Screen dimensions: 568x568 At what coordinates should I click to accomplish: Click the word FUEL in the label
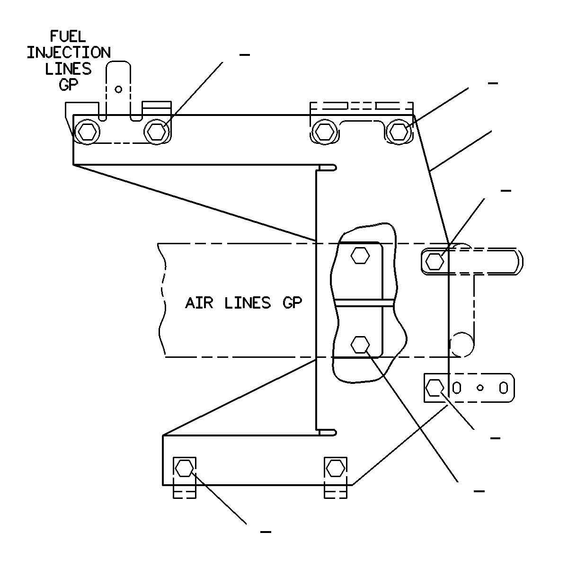[68, 36]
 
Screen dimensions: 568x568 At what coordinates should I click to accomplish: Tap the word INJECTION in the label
[69, 53]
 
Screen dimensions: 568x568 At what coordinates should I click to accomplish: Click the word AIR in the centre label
[199, 303]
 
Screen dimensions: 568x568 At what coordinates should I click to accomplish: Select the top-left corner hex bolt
[87, 132]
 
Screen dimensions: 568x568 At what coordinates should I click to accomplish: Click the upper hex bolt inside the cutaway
[360, 255]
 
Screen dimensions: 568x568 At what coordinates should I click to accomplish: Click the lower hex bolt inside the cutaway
[360, 344]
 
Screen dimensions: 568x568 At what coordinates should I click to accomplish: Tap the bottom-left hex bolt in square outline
[184, 468]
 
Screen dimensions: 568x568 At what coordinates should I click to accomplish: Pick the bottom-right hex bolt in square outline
[336, 468]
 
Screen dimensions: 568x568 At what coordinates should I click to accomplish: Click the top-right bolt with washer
[399, 132]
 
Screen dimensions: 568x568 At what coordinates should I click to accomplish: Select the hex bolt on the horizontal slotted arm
[435, 261]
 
